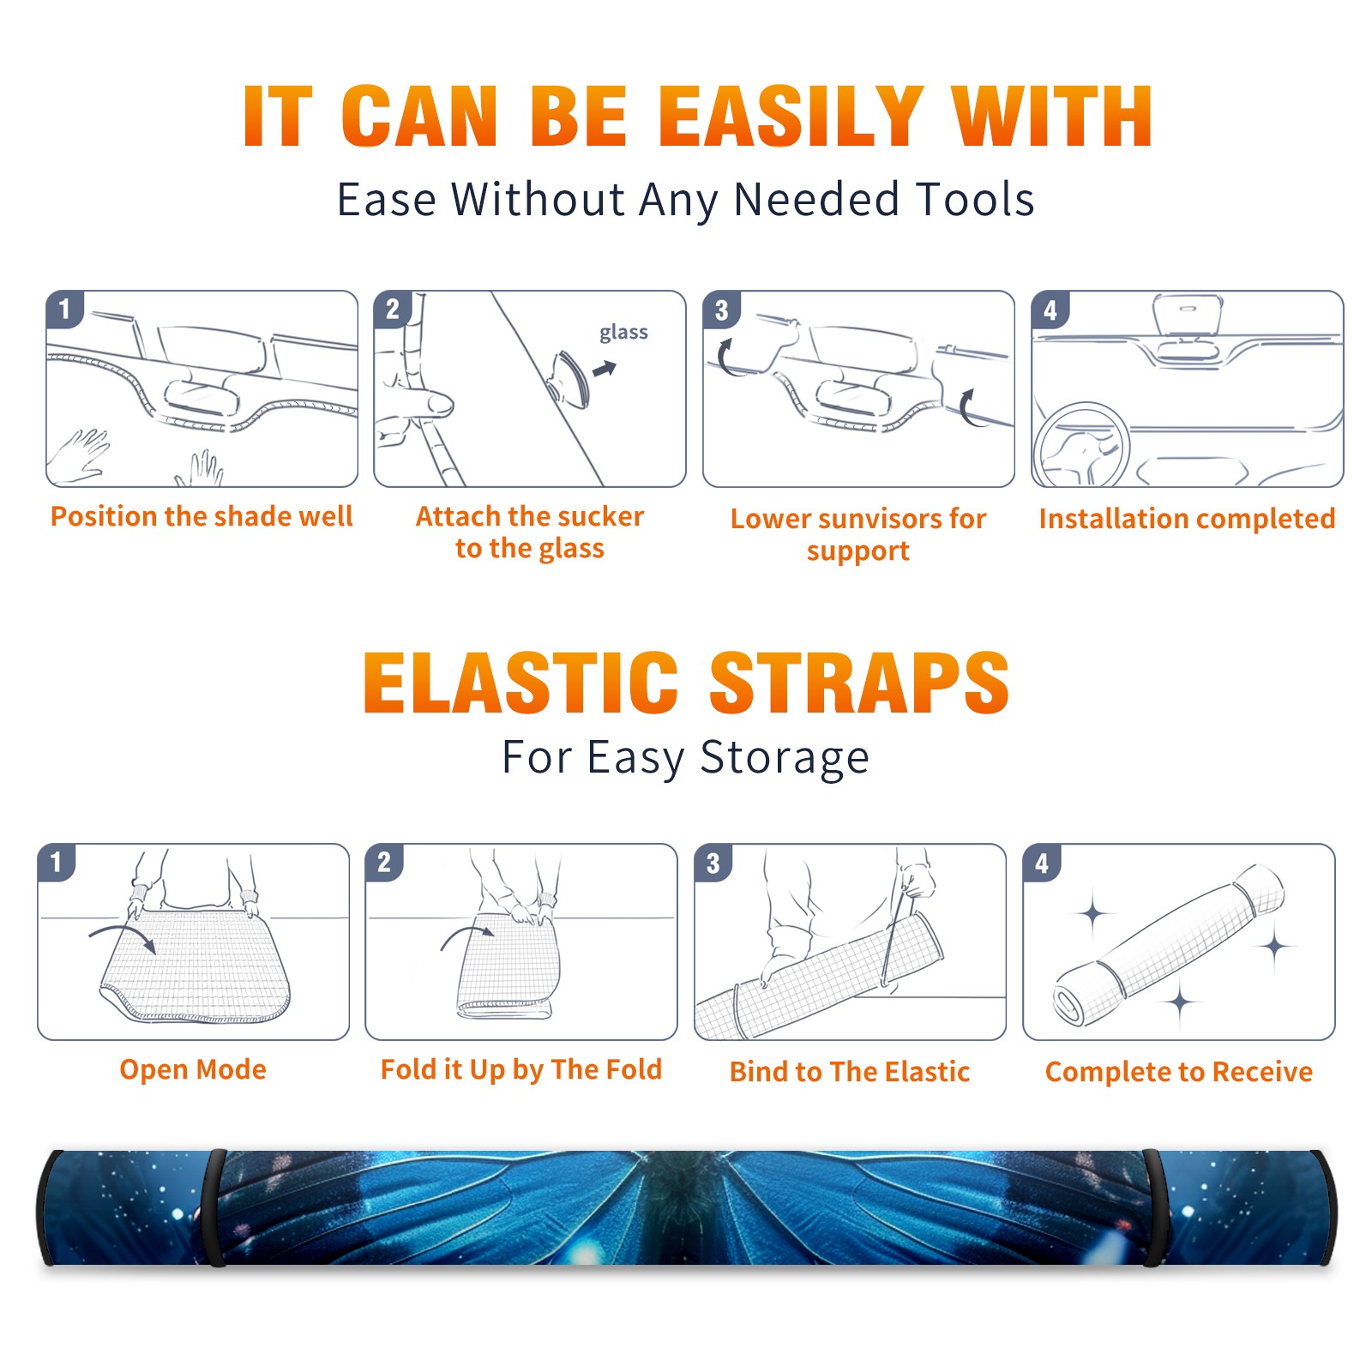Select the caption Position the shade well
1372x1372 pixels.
click(202, 516)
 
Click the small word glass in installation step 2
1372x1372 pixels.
click(623, 333)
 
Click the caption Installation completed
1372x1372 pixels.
click(1187, 519)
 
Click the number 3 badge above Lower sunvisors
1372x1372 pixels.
click(721, 310)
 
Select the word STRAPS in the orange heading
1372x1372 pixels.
click(859, 683)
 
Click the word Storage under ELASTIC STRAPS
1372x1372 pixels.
click(785, 758)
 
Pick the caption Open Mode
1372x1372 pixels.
click(193, 1069)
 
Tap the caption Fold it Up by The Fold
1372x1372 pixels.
click(521, 1070)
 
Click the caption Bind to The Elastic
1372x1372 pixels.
click(850, 1072)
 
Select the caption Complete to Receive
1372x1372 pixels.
click(1179, 1072)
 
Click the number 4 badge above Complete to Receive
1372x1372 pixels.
click(1042, 863)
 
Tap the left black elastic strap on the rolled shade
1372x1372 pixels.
click(214, 1207)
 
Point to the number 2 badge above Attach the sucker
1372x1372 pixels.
click(393, 310)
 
